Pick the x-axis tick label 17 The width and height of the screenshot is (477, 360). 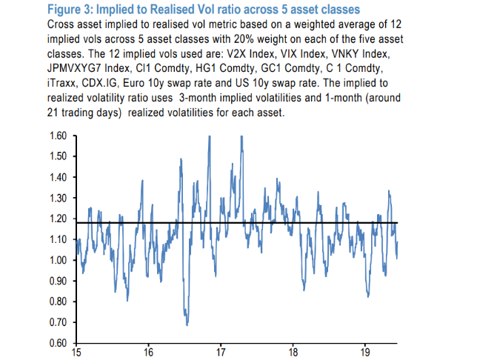pyautogui.click(x=221, y=353)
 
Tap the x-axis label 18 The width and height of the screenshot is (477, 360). pyautogui.click(x=293, y=353)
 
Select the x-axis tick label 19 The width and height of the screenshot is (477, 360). pyautogui.click(x=366, y=353)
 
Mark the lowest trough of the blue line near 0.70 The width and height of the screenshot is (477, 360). pyautogui.click(x=187, y=324)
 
